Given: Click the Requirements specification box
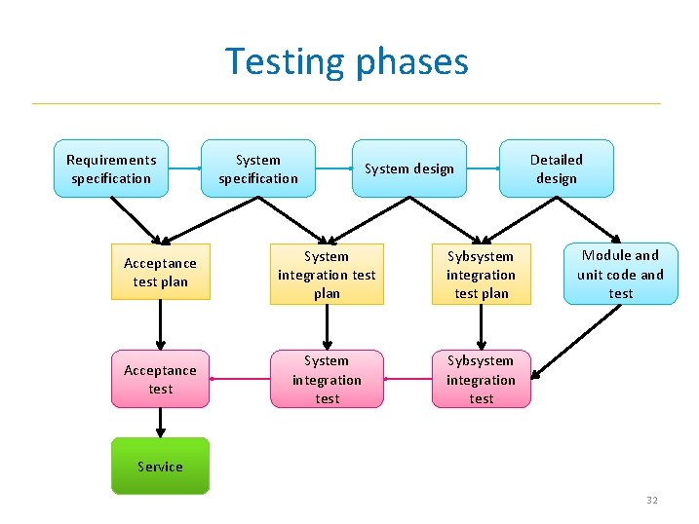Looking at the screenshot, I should tap(111, 168).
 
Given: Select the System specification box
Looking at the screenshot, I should tap(258, 168).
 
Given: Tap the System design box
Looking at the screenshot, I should tap(409, 168).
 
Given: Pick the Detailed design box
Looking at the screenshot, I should tap(556, 168).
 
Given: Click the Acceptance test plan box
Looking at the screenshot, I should tap(160, 272).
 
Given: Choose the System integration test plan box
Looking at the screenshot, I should tap(327, 275).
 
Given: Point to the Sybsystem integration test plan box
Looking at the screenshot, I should tap(481, 275).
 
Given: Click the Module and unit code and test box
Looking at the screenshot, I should tap(621, 274).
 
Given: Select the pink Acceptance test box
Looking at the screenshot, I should tap(160, 379).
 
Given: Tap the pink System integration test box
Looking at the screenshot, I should tap(327, 379).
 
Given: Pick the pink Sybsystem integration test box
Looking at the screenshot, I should tap(481, 379).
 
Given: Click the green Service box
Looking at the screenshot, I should tap(160, 467).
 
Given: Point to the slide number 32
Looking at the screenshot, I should tap(651, 501).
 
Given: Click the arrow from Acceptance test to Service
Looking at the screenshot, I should tap(160, 422).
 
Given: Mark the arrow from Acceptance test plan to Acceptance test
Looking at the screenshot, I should tap(160, 324).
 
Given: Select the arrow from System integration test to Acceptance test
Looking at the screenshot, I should tap(240, 379).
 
